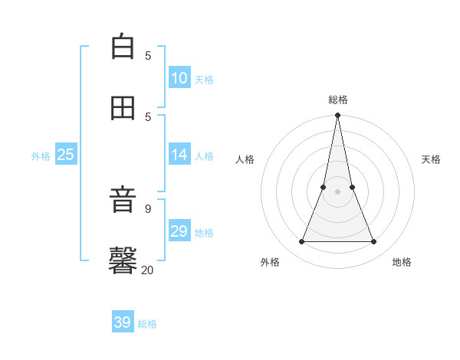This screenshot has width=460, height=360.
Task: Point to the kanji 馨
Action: (123, 260)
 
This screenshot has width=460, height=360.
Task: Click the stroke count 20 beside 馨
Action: (147, 270)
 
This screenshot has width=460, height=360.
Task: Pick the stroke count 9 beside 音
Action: (148, 208)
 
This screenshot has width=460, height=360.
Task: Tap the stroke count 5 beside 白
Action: (148, 55)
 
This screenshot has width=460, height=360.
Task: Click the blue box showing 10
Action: (179, 78)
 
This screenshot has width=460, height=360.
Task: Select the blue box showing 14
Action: (179, 155)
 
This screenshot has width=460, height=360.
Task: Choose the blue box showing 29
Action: (179, 231)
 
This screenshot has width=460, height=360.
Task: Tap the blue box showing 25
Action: (66, 155)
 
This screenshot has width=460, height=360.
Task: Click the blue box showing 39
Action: (123, 322)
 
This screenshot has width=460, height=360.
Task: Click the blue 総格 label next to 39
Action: (147, 324)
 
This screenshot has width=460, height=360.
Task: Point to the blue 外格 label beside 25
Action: (41, 156)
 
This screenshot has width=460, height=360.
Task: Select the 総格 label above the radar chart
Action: (338, 100)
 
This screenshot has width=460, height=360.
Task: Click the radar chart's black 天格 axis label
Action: (431, 159)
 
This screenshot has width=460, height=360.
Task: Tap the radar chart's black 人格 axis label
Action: (245, 159)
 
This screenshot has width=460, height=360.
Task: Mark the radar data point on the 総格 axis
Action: (337, 116)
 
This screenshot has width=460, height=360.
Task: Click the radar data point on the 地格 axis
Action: (373, 241)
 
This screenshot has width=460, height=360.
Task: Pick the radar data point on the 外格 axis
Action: (301, 241)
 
